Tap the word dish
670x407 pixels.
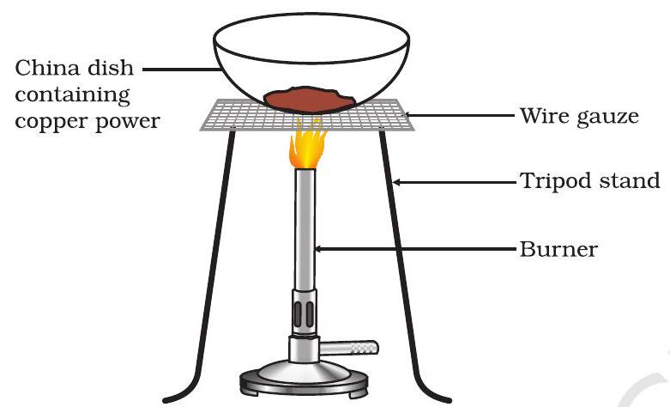click(111, 69)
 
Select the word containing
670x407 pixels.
click(72, 95)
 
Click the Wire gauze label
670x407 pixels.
click(579, 116)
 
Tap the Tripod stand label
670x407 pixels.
click(589, 181)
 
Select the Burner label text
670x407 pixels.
click(558, 249)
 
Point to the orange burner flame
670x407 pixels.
click(306, 145)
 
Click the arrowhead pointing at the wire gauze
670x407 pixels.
click(408, 115)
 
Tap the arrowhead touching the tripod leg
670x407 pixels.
click(396, 183)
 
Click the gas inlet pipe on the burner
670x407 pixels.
click(349, 348)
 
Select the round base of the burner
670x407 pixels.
click(304, 378)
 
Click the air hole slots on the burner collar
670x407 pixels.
click(304, 313)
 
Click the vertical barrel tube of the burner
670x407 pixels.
click(305, 228)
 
